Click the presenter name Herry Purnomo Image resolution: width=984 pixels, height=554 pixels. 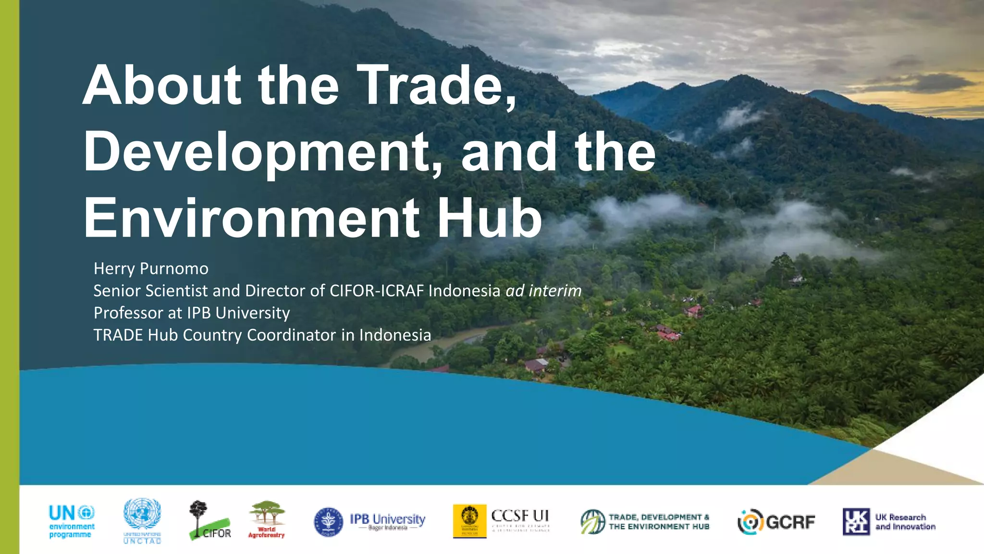point(151,268)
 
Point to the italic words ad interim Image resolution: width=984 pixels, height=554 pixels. point(543,290)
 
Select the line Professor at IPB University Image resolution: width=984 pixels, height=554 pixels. point(192,313)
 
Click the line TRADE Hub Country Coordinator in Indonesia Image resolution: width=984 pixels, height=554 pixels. point(262,335)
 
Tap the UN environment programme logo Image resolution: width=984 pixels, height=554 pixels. point(72,521)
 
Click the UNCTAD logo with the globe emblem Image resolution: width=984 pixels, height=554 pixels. point(142,521)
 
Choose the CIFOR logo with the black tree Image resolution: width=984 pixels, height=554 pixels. point(209,520)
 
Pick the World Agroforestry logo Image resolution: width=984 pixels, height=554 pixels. point(267,519)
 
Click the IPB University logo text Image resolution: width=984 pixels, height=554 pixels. point(387,520)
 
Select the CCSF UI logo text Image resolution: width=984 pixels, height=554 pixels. point(520,519)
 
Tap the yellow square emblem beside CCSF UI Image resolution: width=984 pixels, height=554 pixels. point(469,521)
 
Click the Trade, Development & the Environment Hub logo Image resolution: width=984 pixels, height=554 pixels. point(645,522)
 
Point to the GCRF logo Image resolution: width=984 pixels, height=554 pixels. point(776,522)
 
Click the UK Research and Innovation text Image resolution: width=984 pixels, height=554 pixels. point(905,522)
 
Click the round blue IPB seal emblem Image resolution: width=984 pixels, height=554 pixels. point(329,522)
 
